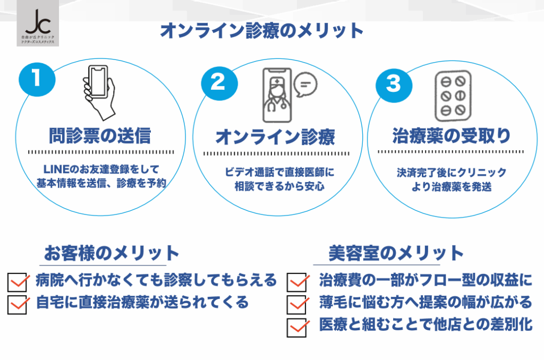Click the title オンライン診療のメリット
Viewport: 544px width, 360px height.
[261, 30]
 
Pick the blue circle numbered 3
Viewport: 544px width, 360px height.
[393, 83]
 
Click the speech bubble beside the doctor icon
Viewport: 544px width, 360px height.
[305, 84]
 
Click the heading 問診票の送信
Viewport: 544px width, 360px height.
[101, 135]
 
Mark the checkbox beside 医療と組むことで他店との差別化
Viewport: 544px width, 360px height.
[297, 327]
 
